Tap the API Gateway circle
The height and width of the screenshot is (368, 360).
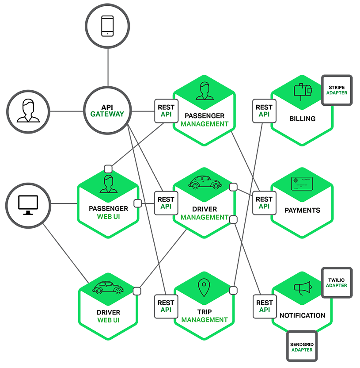coord(107,111)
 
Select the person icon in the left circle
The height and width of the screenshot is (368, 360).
coord(27,111)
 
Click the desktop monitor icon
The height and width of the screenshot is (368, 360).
coord(27,204)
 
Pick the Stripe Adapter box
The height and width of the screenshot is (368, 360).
coord(337,90)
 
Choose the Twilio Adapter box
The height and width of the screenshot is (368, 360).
coord(337,282)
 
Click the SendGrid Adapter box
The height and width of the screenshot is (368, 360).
coord(302,346)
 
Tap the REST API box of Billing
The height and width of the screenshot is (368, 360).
coord(264,111)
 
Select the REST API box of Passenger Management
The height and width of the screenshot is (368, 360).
coord(166,111)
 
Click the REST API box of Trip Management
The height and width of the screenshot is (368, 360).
coord(166,306)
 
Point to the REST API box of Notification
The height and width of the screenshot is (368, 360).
coord(264,306)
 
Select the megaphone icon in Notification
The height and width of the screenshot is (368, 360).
coord(303,288)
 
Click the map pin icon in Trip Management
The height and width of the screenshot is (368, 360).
coord(203,288)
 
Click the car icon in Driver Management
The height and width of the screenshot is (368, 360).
coord(203,182)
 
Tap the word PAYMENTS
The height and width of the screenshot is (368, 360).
coord(303,211)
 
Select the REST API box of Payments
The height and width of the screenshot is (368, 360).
coord(264,203)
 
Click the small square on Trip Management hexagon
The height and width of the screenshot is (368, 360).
coord(233,290)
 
